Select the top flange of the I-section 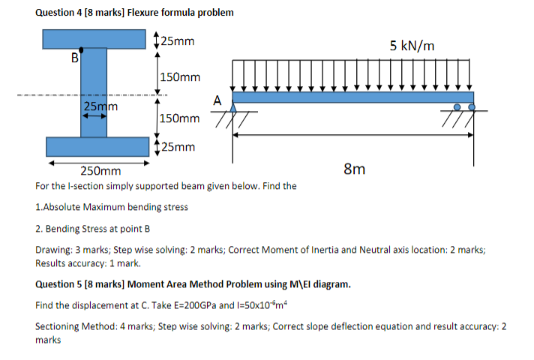[x=94, y=37]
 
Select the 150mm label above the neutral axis [x=180, y=77]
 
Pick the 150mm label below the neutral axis [x=180, y=118]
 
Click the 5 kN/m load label [x=412, y=46]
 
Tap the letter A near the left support [x=218, y=100]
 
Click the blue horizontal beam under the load [x=353, y=97]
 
